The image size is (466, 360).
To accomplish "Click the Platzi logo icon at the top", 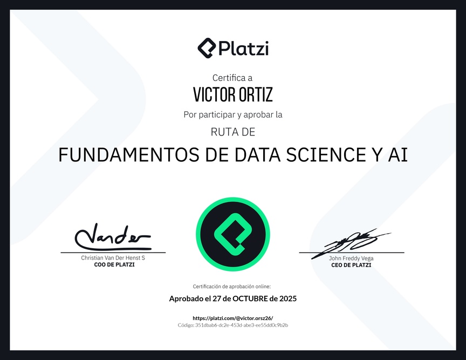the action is point(207,48).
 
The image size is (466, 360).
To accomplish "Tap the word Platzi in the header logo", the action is point(244,48).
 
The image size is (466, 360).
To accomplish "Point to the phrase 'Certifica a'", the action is point(232,78).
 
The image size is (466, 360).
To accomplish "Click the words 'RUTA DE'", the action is point(233,132).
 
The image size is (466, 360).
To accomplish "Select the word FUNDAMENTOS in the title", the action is point(129,155).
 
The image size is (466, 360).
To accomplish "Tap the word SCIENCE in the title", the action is point(326,155).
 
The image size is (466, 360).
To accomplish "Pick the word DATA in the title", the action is point(258,155).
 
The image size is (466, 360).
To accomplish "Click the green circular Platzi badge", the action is point(233,234).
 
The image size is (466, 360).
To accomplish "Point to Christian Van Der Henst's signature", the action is point(113,237).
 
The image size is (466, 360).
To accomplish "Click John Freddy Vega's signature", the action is point(351,243).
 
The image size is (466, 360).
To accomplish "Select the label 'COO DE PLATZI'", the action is point(114,265).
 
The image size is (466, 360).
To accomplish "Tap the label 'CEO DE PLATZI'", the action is point(351,265).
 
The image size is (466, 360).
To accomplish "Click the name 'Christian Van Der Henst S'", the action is point(113,258).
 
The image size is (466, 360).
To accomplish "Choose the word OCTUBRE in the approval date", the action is point(250,298).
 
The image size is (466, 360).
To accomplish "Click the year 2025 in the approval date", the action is point(288,298).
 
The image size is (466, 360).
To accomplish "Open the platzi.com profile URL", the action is point(233,318).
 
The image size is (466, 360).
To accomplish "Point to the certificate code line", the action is point(233,325).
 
